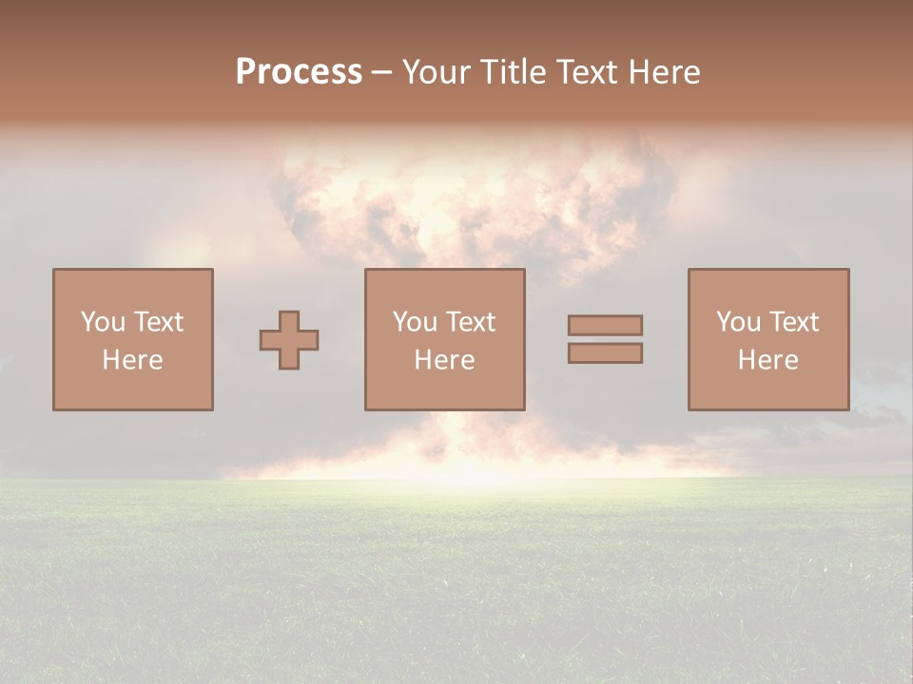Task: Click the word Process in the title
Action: [x=299, y=72]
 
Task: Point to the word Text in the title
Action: [x=592, y=72]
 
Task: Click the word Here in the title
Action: [x=667, y=72]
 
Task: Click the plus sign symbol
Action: [x=289, y=340]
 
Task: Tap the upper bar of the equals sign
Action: [x=605, y=325]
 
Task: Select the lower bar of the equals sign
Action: [x=605, y=353]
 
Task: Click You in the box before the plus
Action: [x=103, y=322]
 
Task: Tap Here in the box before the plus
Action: [x=132, y=360]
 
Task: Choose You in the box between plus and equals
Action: [x=415, y=322]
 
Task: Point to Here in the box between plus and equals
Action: [x=444, y=360]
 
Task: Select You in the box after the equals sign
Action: [x=738, y=322]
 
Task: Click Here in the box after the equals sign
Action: [x=767, y=360]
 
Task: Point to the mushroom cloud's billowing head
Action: [x=466, y=199]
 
